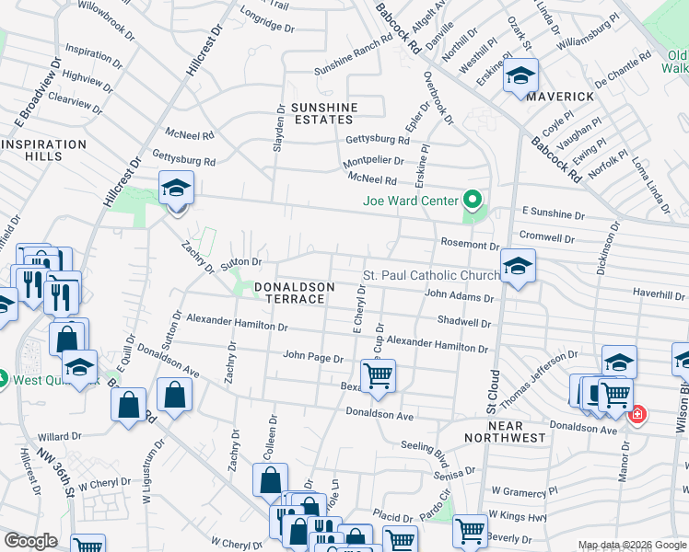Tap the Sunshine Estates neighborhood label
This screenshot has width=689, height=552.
click(323, 113)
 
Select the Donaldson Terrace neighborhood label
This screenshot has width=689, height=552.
click(289, 293)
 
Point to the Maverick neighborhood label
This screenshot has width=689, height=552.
click(561, 96)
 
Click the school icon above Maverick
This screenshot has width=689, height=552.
click(520, 76)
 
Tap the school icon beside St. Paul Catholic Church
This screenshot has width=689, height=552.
click(518, 267)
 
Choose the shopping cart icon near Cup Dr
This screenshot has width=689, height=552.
click(378, 375)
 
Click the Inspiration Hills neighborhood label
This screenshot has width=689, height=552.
click(43, 151)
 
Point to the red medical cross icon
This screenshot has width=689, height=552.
click(636, 415)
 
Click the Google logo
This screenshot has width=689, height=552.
click(30, 541)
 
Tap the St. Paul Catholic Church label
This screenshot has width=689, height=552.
click(431, 276)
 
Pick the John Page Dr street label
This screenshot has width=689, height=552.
click(313, 356)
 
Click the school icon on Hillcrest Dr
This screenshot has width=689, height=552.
click(176, 190)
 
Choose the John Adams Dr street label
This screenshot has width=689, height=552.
click(459, 296)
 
